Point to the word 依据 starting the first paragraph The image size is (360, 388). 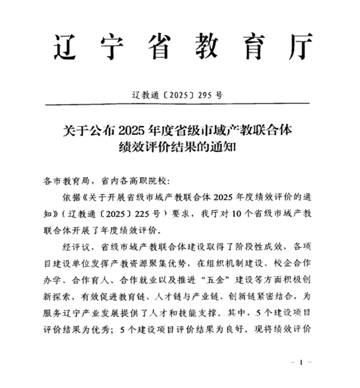coord(73,197)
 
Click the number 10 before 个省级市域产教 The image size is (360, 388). coord(239,213)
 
